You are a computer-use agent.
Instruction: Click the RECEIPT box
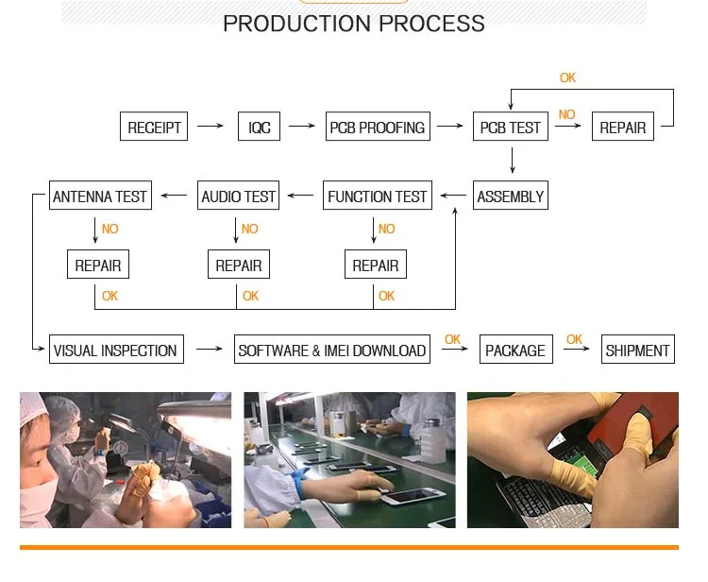point(154,127)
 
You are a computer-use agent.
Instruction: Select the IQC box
point(259,127)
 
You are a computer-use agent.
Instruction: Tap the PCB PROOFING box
point(377,127)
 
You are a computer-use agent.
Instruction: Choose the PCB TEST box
point(511,127)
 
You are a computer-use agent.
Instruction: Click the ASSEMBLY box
point(511,197)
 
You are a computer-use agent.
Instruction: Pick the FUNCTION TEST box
point(378,197)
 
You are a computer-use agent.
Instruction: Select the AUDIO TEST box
point(239,197)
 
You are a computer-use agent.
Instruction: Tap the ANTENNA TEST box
point(100,197)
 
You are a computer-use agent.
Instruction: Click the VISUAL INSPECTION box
point(115,350)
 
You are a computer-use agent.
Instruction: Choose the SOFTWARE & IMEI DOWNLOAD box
point(332,350)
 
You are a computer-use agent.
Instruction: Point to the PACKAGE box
point(515,350)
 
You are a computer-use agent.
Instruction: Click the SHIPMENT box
point(638,350)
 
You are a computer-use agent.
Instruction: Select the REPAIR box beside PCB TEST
point(623,127)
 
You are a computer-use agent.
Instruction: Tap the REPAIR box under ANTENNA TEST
point(98,265)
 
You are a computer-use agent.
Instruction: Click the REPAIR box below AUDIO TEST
point(239,265)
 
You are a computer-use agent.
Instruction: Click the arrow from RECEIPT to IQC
point(211,126)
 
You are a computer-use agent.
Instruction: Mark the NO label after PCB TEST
point(566,114)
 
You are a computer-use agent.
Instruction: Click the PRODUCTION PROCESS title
point(354,24)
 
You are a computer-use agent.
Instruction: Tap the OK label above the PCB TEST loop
point(567,77)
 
